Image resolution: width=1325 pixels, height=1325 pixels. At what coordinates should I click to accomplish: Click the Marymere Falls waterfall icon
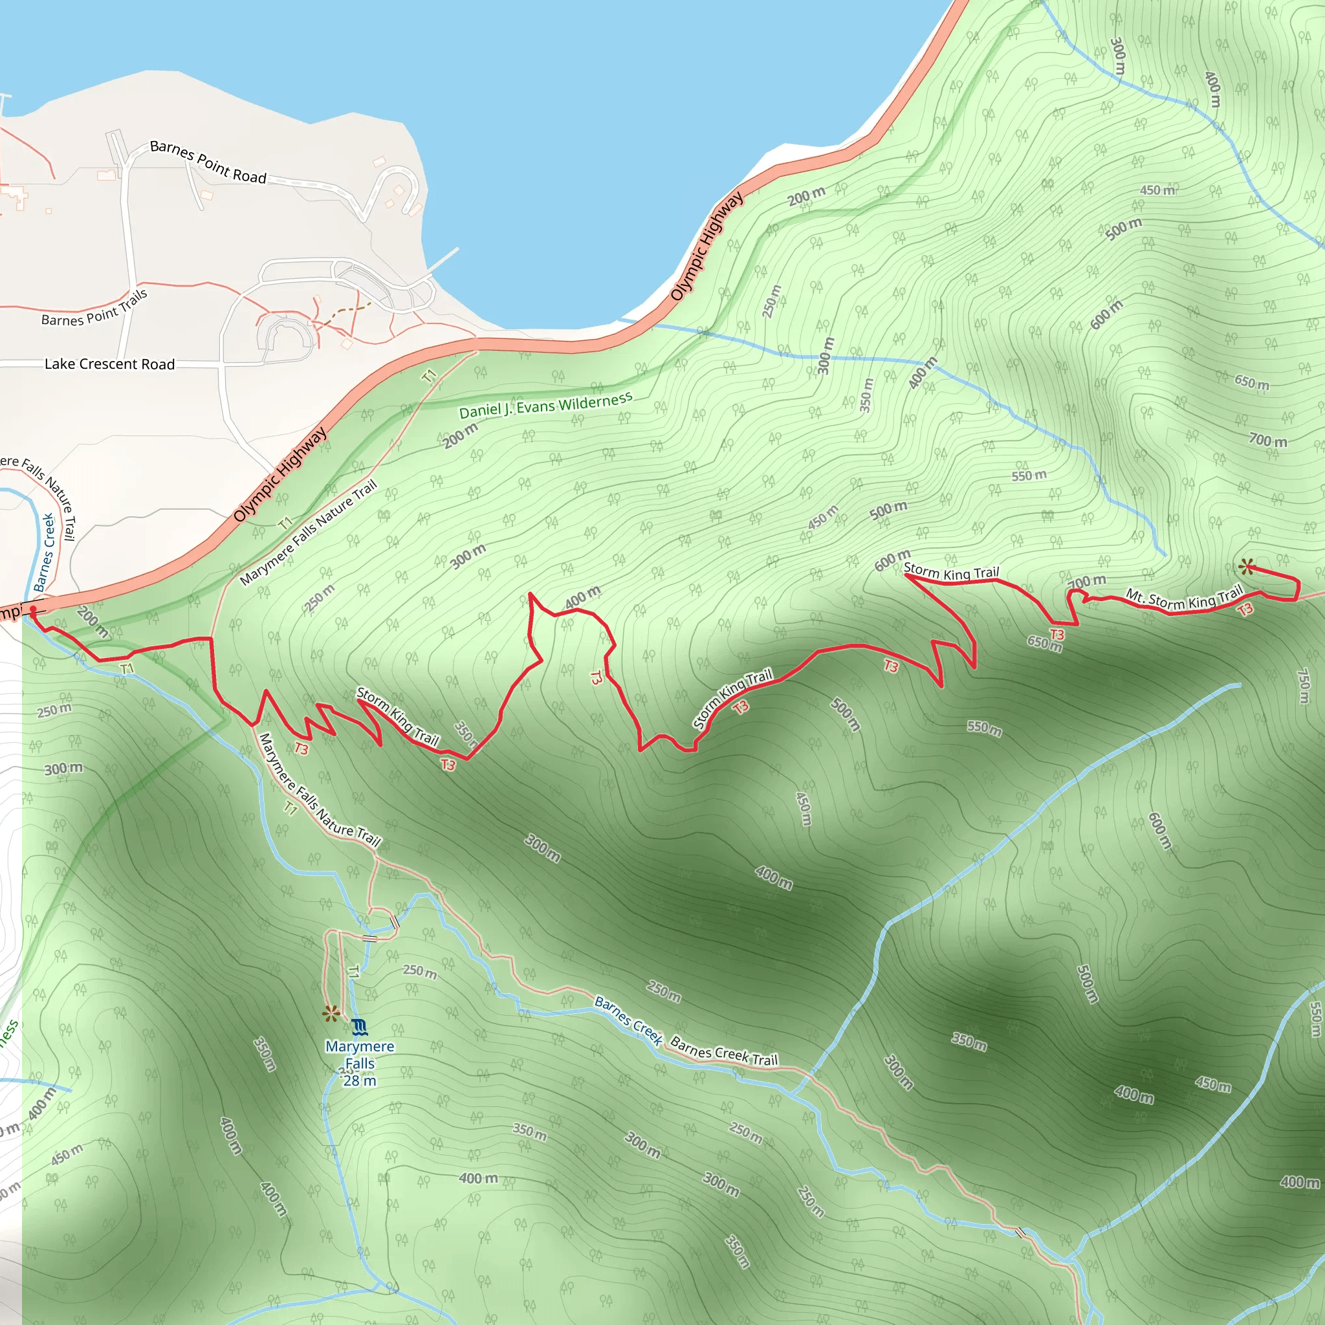pos(359,1027)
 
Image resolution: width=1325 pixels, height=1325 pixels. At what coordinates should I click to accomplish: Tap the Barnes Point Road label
pos(208,162)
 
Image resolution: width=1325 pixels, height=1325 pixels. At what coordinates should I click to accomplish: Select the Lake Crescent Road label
pos(110,364)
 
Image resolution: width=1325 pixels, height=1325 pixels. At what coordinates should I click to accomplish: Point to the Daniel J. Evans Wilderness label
pos(545,405)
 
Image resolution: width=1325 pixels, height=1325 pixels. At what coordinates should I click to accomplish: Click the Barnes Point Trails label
pos(94,309)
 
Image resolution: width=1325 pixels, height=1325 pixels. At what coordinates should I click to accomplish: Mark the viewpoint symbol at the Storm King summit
pos(1247,567)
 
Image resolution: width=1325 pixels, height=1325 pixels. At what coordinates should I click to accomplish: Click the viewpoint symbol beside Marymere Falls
pos(331,1014)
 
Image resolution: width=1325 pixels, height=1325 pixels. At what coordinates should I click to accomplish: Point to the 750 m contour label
pos(1304,685)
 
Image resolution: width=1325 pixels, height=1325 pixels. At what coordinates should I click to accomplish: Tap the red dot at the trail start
pos(33,609)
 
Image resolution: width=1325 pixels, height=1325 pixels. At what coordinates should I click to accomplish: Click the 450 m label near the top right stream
pos(1157,190)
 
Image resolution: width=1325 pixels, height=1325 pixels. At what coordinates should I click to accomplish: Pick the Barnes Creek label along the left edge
pos(45,553)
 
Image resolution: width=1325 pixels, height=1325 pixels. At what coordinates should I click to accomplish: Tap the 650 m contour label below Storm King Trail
pos(1044,643)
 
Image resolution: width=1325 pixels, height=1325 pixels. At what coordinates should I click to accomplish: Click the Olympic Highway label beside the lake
pos(706,247)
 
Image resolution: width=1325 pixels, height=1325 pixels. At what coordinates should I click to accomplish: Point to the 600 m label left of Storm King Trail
pos(892,560)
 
